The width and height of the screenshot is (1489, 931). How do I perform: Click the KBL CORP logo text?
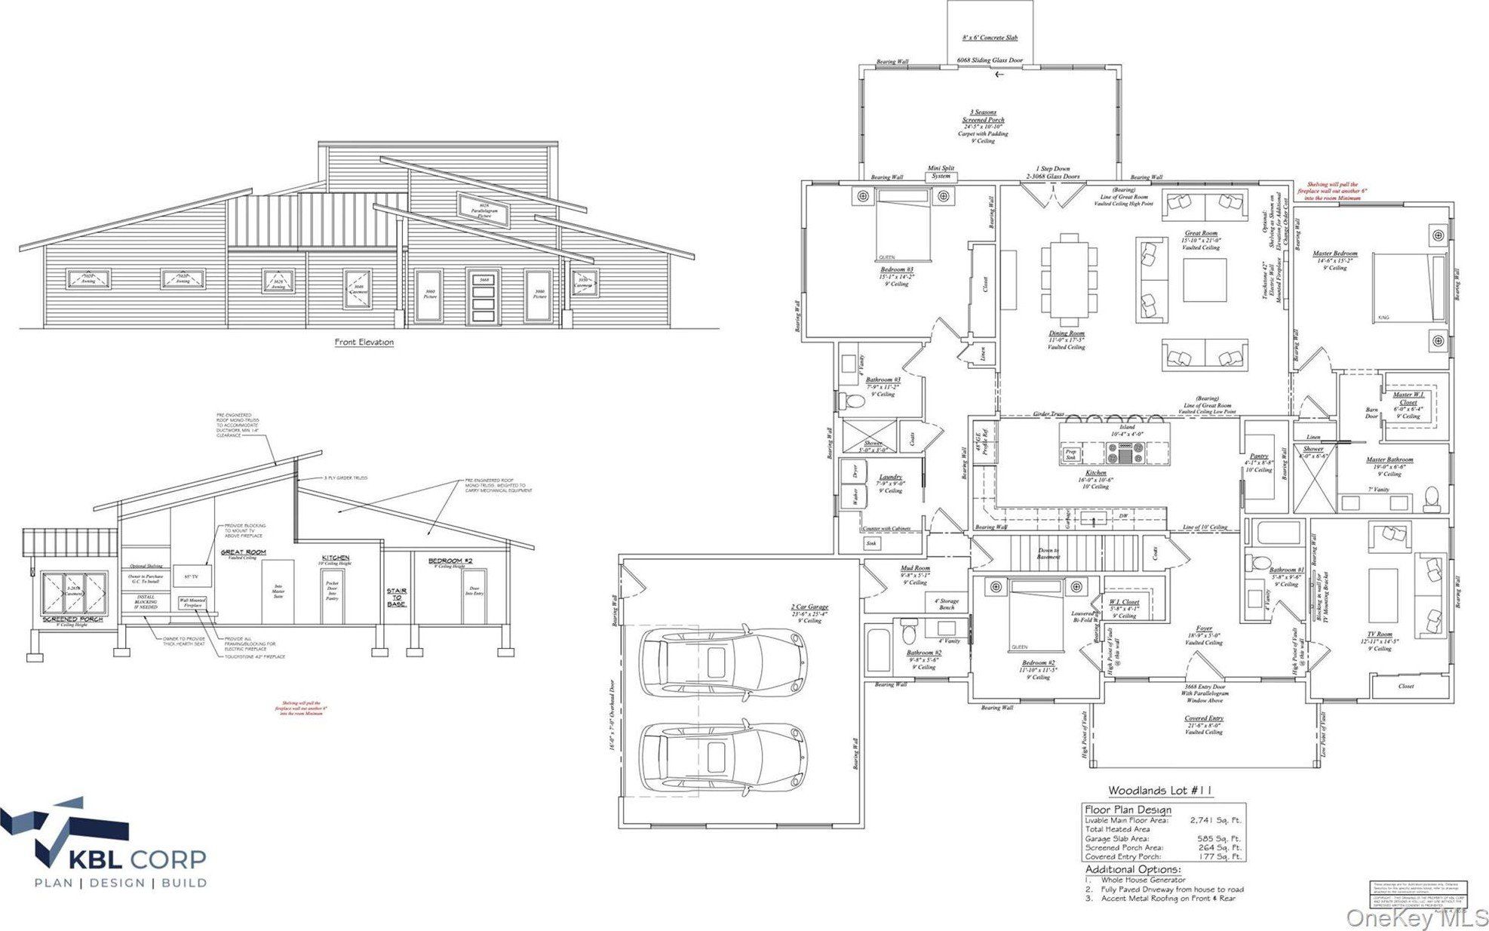point(137,859)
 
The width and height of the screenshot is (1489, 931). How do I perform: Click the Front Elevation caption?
point(364,342)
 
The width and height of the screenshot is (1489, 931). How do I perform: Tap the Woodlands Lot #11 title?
point(1160,791)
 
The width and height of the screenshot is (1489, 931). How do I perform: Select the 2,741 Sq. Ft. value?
point(1214,820)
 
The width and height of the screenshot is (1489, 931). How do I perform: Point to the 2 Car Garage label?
point(809,607)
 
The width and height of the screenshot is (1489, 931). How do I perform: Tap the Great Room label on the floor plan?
point(1201,233)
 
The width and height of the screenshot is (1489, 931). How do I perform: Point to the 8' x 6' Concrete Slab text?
point(988,37)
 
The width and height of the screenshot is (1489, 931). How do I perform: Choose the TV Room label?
point(1380,634)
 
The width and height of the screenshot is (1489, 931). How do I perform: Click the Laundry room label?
point(890,477)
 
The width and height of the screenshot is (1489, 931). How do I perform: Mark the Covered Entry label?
point(1204,718)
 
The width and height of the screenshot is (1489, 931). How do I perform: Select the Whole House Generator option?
point(1143,880)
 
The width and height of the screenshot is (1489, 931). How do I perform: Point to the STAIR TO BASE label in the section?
point(397,598)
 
